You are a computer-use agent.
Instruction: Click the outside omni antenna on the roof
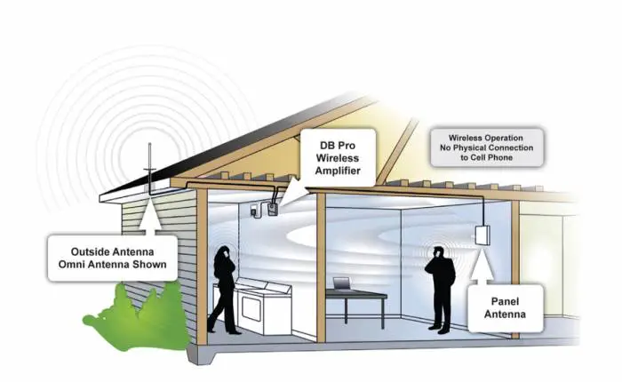150,169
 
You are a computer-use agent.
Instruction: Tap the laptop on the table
342,283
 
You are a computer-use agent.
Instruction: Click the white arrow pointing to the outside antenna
151,215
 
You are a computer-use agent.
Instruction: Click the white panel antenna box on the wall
482,235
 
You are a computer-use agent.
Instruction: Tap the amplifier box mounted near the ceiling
272,209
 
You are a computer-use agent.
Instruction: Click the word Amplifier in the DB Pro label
338,171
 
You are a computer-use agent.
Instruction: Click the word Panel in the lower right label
505,301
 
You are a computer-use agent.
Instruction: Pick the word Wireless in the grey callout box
466,138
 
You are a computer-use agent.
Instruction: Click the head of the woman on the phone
222,252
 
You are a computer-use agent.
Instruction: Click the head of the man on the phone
438,252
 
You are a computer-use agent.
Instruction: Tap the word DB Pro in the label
338,146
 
